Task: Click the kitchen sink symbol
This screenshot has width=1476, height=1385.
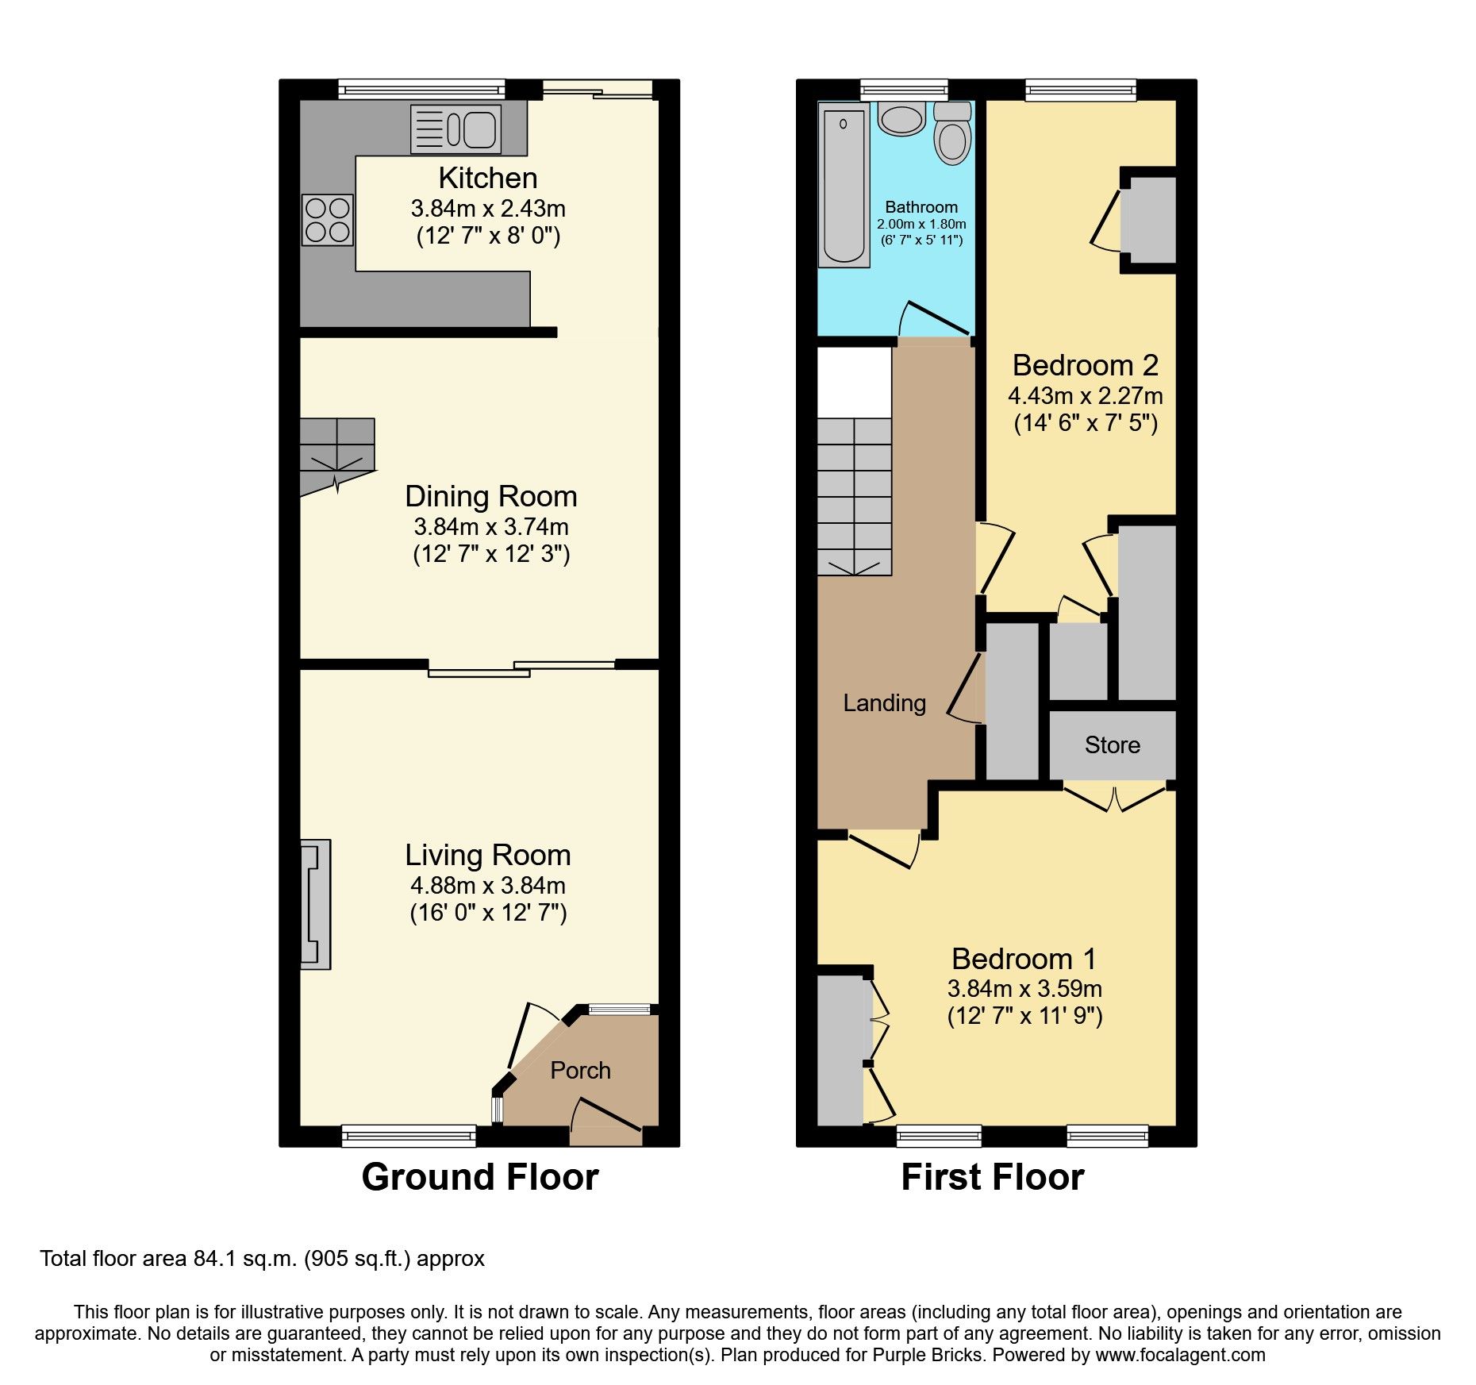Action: [456, 129]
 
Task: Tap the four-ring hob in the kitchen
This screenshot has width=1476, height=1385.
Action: [327, 220]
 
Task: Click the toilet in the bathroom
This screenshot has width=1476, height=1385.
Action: [952, 135]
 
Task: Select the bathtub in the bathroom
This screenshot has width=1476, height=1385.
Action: [844, 184]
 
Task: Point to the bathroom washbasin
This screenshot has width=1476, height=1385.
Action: [901, 119]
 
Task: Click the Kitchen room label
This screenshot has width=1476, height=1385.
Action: [487, 178]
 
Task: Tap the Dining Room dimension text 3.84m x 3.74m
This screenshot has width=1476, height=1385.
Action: [490, 526]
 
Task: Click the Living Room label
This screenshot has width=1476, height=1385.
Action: [487, 855]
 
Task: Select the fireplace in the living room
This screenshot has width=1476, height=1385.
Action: [315, 904]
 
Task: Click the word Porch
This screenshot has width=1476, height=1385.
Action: [580, 1070]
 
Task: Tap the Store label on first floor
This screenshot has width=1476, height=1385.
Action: [1112, 744]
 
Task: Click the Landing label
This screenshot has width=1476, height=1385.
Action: [884, 703]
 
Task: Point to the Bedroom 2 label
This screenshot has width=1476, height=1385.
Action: [1085, 365]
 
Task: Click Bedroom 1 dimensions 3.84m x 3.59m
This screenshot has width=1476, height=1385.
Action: [1024, 989]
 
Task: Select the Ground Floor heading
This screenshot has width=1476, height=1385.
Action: [479, 1176]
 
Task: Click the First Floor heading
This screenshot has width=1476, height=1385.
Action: [992, 1176]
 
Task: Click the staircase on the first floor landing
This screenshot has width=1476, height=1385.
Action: [855, 496]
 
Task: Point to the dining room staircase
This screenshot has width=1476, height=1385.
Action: [336, 455]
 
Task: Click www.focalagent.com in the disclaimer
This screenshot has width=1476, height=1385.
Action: [1180, 1355]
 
